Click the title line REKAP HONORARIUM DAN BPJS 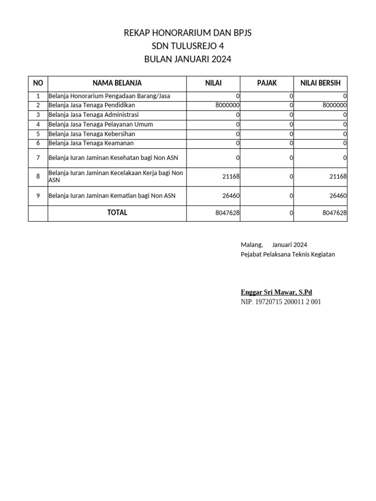(188, 33)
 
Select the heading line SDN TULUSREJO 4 (188, 46)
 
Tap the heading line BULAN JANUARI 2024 (188, 60)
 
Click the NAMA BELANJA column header (117, 83)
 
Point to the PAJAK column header (267, 83)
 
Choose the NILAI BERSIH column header (320, 83)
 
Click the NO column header (38, 83)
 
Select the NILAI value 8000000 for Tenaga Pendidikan (227, 105)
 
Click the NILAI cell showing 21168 (231, 177)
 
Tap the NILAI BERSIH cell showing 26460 (338, 196)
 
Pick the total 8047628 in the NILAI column (227, 213)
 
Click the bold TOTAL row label (117, 213)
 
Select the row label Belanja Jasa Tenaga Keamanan (91, 143)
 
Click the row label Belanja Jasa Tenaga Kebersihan (92, 134)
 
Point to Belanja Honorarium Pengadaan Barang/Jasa (109, 96)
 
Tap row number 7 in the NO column (38, 158)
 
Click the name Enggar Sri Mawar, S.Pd (276, 293)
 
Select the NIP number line (281, 302)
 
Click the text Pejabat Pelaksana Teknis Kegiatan (288, 254)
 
